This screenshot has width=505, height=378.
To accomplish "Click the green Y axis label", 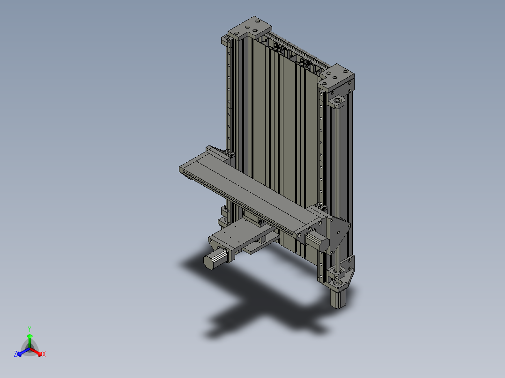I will tap(29, 329).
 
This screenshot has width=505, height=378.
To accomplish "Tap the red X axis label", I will tap(44, 355).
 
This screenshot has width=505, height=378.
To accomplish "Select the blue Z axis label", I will tap(15, 355).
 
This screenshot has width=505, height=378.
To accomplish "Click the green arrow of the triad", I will tap(30, 338).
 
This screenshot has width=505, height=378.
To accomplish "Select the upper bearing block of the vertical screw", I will tap(338, 102).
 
